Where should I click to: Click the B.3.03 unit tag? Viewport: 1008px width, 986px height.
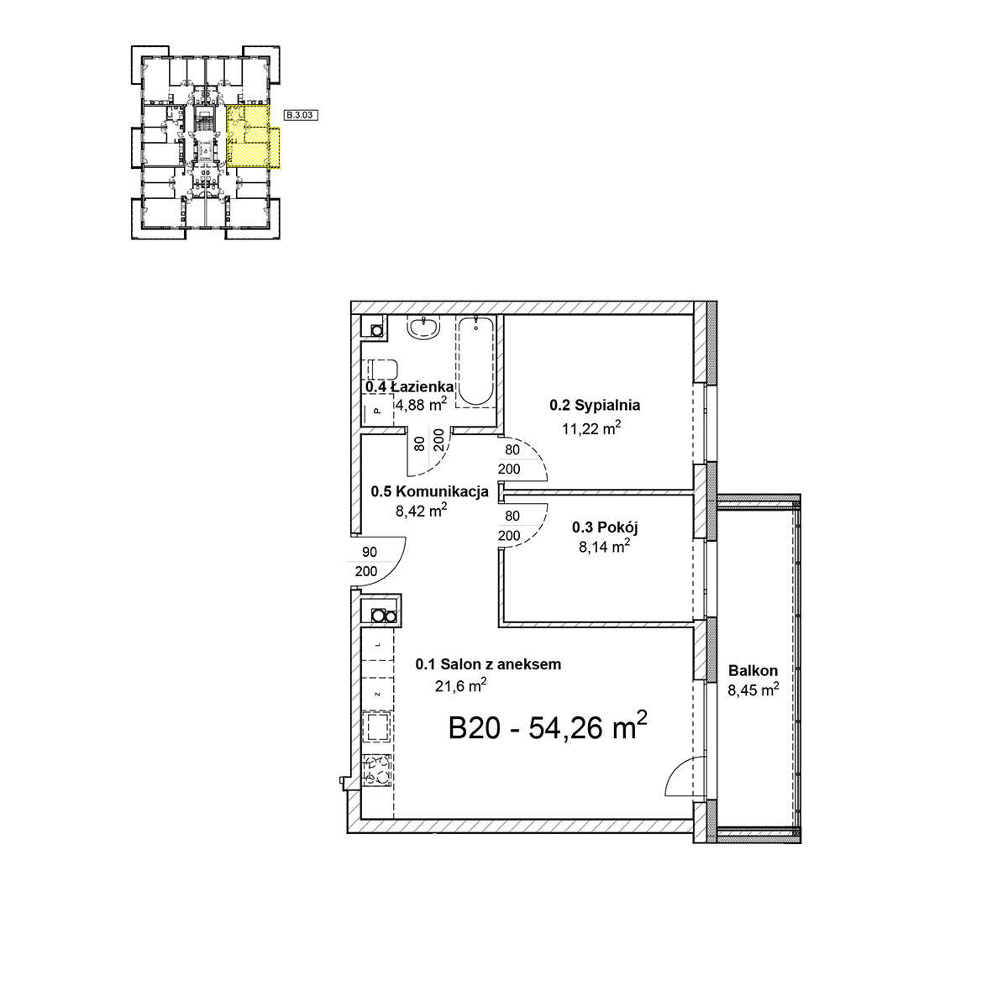click(x=301, y=115)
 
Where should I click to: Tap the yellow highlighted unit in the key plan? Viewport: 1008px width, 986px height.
click(x=250, y=137)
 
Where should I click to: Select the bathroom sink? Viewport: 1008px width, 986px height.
click(x=423, y=328)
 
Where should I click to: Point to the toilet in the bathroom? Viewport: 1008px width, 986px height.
click(x=383, y=370)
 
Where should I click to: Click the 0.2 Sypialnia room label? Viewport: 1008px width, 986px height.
click(x=595, y=405)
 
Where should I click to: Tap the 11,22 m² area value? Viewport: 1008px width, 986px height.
click(x=591, y=428)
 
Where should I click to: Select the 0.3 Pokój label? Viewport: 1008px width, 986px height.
click(x=605, y=527)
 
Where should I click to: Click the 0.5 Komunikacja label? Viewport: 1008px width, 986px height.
click(x=429, y=491)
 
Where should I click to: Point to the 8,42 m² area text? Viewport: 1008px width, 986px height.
click(x=422, y=511)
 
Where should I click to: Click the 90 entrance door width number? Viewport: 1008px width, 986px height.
click(x=370, y=552)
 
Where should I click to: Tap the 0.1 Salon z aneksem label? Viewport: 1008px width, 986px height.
click(x=488, y=663)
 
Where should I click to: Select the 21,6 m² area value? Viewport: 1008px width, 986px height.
click(x=460, y=685)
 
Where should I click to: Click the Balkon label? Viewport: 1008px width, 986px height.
click(x=753, y=670)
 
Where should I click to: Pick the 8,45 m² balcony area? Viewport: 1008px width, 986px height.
click(x=753, y=690)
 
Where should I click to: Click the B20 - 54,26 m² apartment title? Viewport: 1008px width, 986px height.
click(x=548, y=726)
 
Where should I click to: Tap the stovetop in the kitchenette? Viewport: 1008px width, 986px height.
click(x=378, y=770)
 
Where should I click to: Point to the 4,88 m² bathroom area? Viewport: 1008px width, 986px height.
click(x=422, y=405)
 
